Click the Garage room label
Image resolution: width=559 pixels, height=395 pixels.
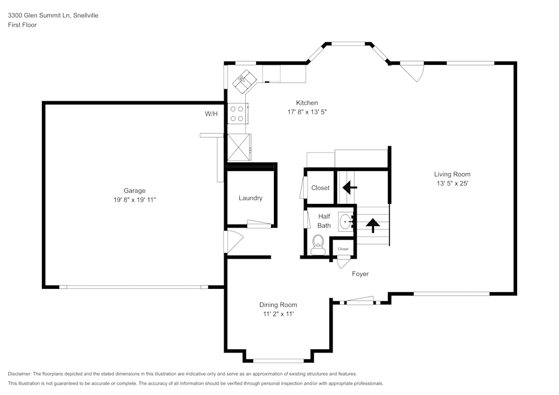(134, 191)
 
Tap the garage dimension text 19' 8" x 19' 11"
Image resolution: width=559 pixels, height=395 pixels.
(134, 199)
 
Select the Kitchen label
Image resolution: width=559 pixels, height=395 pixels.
(307, 103)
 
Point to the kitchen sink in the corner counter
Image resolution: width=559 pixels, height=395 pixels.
(244, 80)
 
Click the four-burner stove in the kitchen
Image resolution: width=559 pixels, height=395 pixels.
(237, 113)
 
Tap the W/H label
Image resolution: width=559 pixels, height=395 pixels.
(211, 114)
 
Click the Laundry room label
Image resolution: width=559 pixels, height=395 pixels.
(250, 198)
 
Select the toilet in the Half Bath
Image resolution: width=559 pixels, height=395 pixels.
(318, 244)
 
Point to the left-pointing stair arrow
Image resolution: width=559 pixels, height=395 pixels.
(350, 187)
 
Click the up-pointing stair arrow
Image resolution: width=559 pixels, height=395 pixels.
(372, 225)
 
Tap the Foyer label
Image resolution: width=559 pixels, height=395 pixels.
(360, 274)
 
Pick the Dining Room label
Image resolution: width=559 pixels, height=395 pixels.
(278, 305)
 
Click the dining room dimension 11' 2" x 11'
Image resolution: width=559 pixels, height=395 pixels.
(278, 314)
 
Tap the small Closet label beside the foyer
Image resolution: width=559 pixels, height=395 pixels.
(343, 249)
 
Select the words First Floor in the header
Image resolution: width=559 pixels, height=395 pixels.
(22, 25)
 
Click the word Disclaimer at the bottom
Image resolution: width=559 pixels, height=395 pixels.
(20, 374)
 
